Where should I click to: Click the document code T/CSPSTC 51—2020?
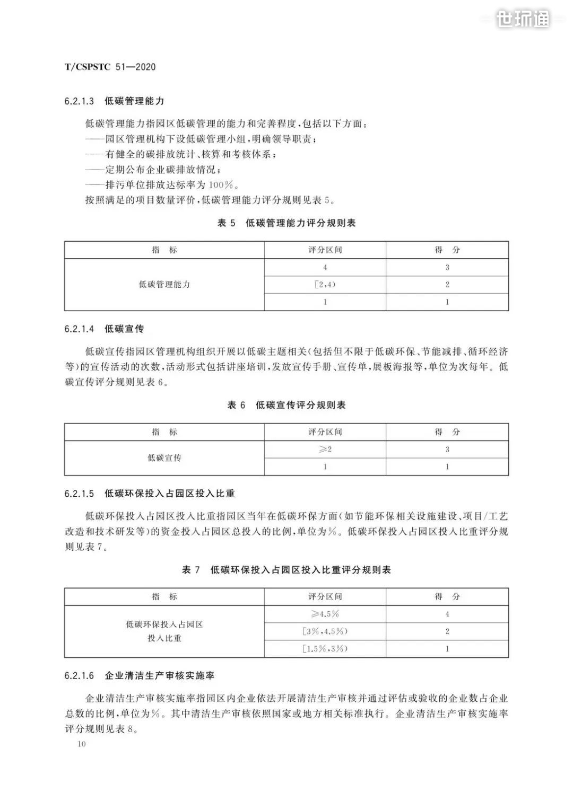tap(110, 67)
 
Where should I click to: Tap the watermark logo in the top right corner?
tap(523, 19)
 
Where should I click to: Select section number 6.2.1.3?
tap(79, 101)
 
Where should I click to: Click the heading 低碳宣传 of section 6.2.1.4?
tap(124, 329)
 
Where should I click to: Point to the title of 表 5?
tap(286, 223)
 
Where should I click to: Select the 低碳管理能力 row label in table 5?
tap(164, 285)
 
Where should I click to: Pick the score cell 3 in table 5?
tap(447, 268)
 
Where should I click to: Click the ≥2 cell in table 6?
tap(325, 450)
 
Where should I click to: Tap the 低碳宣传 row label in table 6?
tap(164, 458)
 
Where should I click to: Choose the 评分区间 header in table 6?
tap(325, 432)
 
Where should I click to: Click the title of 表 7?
tap(286, 570)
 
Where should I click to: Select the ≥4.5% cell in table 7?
tap(325, 614)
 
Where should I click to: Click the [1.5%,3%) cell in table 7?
tap(325, 649)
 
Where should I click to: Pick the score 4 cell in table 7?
tap(447, 614)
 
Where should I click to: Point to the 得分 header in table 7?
tap(447, 597)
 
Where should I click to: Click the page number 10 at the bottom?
tap(81, 744)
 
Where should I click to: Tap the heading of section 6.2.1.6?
tap(159, 676)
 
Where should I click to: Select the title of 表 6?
tap(286, 405)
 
